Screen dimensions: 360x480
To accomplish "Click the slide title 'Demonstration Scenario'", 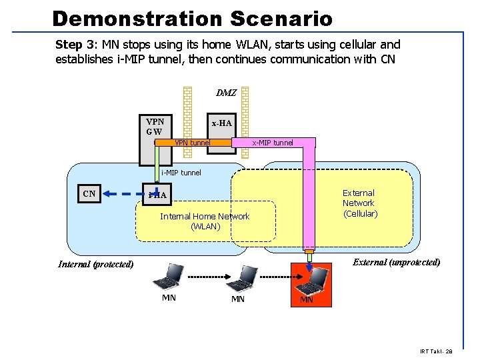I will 192,18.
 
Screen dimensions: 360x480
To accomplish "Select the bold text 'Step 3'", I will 77,45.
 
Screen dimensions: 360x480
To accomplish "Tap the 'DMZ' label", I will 226,93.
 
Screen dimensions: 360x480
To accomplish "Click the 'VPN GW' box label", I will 155,127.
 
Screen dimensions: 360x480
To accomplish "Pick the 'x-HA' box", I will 221,123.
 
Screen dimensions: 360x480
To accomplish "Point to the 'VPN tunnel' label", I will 192,143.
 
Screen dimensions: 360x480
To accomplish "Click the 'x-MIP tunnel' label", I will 272,143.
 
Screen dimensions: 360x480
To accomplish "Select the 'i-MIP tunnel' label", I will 181,173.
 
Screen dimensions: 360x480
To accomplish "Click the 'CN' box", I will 89,194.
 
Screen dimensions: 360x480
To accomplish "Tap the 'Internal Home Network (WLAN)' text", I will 204,221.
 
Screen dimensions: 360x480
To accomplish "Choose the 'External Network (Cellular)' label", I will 359,203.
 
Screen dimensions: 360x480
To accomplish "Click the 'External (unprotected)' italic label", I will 396,262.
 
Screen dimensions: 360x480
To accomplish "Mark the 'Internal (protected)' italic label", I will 96,264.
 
